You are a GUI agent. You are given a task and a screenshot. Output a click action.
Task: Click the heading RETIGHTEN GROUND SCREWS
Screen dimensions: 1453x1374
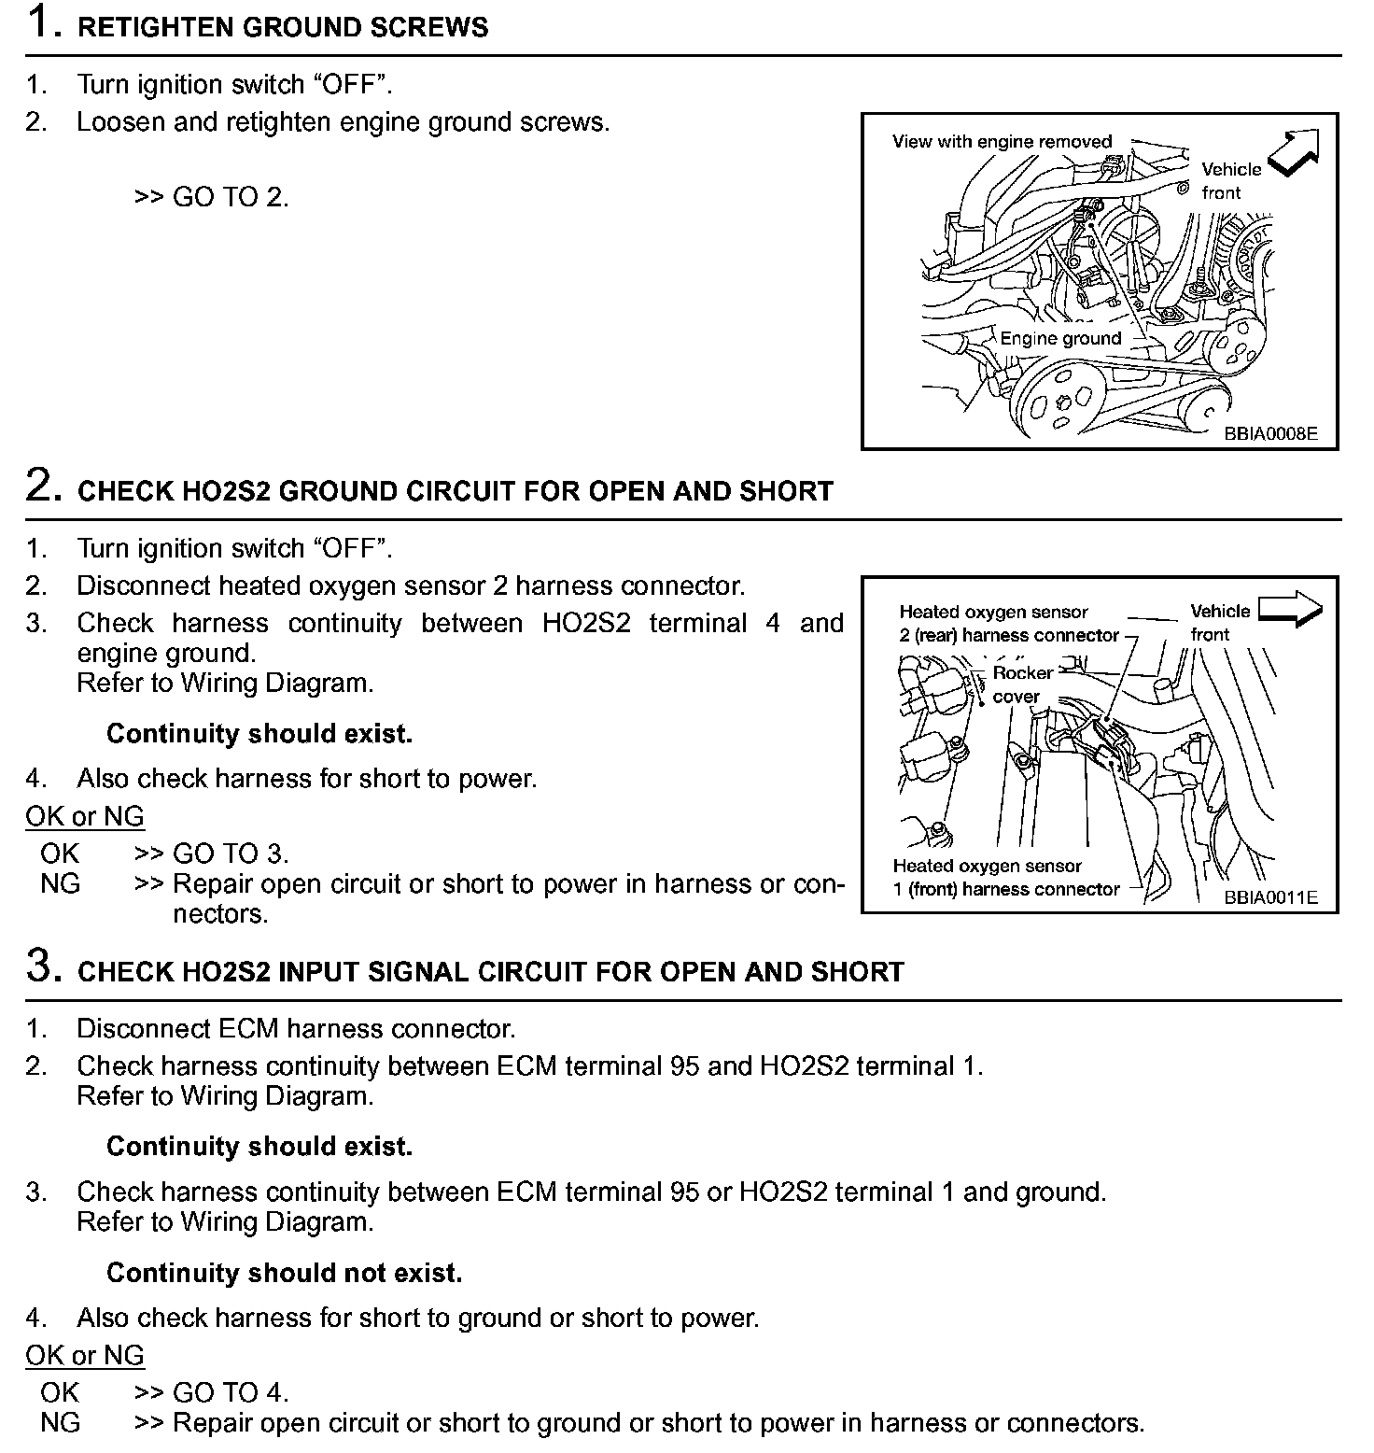[282, 27]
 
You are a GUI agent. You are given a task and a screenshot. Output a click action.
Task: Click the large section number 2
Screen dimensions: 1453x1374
[43, 487]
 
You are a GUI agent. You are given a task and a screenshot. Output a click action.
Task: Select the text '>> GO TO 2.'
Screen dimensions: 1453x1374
[212, 197]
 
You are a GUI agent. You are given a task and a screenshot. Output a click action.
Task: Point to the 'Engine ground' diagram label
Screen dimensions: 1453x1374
[1060, 339]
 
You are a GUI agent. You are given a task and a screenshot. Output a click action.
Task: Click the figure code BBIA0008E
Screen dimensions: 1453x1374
[1270, 433]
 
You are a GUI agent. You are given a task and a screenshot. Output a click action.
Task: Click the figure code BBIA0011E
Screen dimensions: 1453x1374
[1270, 897]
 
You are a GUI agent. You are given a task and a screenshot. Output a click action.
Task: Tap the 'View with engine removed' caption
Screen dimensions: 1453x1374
[1002, 142]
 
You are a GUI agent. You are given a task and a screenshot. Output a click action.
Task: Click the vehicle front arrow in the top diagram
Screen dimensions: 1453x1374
[1297, 151]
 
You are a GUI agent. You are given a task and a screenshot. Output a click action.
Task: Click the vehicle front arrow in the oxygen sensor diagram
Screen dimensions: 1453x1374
[1290, 611]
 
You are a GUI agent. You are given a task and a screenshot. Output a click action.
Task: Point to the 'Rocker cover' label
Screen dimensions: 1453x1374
[1021, 684]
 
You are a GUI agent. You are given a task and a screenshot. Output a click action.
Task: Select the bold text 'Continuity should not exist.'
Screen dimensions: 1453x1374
[284, 1273]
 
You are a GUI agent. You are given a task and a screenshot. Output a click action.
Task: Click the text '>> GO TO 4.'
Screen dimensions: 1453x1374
[212, 1392]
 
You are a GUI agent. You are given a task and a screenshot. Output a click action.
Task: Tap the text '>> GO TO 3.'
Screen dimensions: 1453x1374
[212, 853]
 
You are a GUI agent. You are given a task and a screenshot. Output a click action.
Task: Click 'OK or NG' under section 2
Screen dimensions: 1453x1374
[85, 816]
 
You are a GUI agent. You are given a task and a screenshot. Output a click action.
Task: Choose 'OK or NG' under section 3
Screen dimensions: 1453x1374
[85, 1355]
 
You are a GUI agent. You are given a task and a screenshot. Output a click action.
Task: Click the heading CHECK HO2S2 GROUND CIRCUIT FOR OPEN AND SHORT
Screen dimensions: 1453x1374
[455, 491]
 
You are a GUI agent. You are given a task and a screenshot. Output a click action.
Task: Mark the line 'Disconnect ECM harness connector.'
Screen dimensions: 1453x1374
[295, 1029]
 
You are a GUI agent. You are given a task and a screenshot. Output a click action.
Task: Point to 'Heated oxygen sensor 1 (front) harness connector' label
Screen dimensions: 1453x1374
[1004, 878]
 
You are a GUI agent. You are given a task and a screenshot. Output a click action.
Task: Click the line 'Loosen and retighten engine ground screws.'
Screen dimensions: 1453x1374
[343, 122]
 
